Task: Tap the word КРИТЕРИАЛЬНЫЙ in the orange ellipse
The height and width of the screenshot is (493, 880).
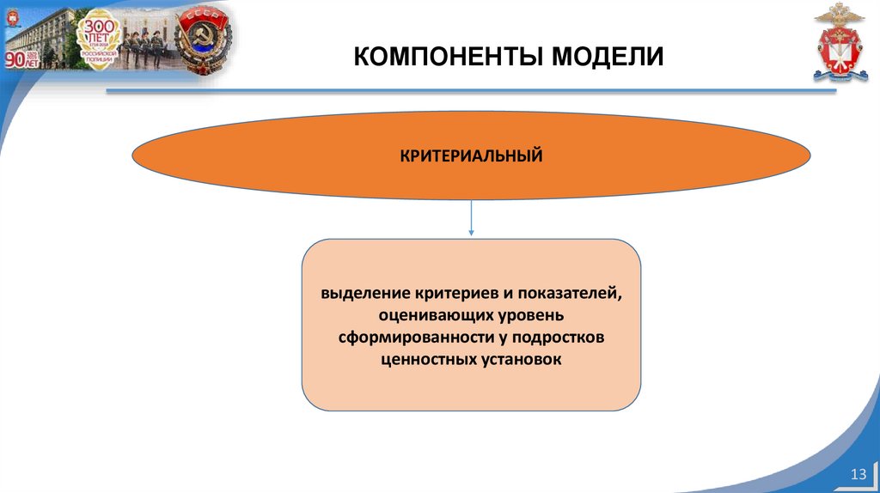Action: (471, 156)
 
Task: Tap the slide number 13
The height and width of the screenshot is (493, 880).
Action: (857, 476)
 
